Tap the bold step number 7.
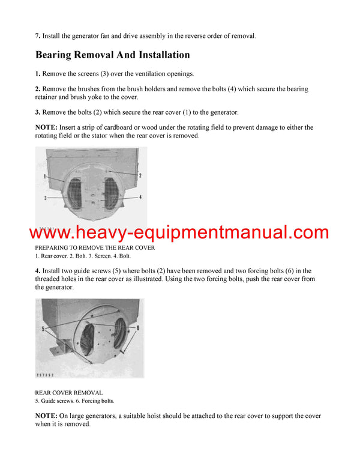click(x=37, y=36)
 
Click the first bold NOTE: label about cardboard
click(x=47, y=127)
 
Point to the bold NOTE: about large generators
click(x=47, y=416)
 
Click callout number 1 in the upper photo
click(x=45, y=177)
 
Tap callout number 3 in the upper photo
click(x=45, y=198)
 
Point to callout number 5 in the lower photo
click(x=43, y=329)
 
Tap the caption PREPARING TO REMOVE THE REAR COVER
click(x=95, y=247)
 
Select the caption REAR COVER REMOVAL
click(x=68, y=393)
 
